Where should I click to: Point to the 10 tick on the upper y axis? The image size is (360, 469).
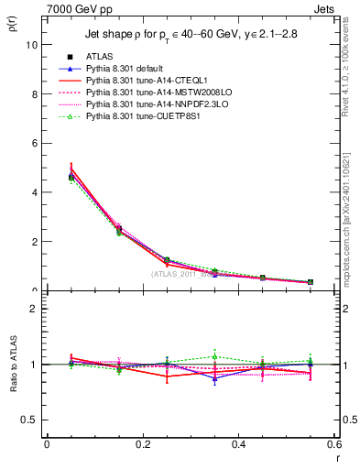click(x=33, y=44)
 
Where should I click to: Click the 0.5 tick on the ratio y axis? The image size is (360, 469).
click(x=31, y=420)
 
